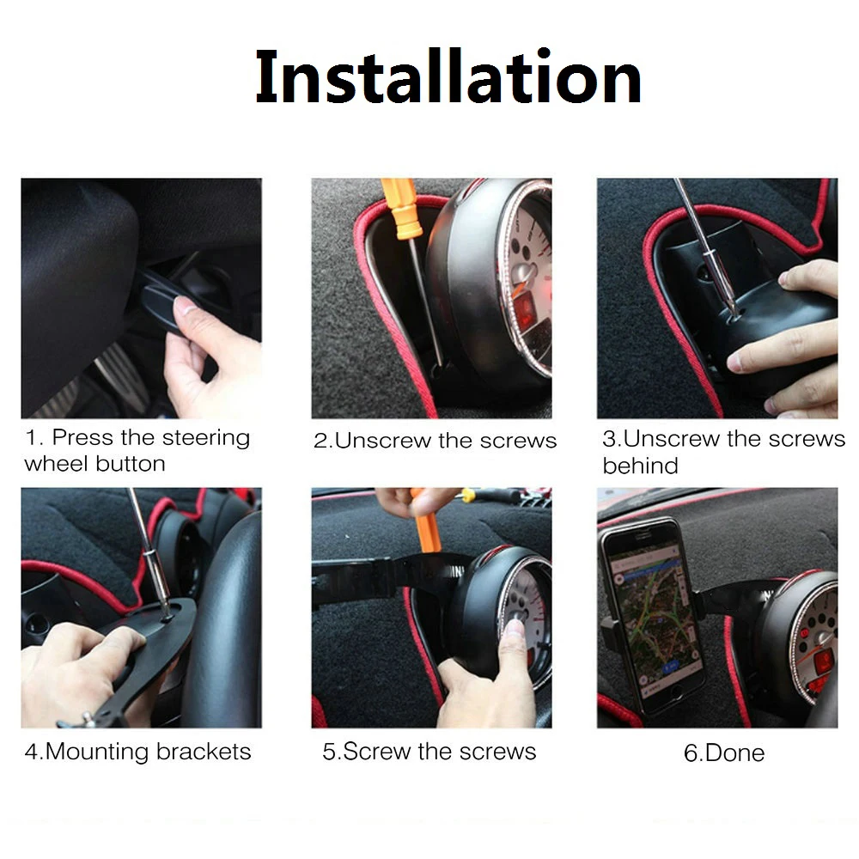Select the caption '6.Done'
pyautogui.click(x=723, y=753)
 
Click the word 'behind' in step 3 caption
pyautogui.click(x=640, y=466)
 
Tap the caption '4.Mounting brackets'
pyautogui.click(x=137, y=752)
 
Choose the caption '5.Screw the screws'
pyautogui.click(x=429, y=752)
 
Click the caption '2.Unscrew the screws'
pyautogui.click(x=435, y=442)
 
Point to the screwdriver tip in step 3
pyautogui.click(x=733, y=308)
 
